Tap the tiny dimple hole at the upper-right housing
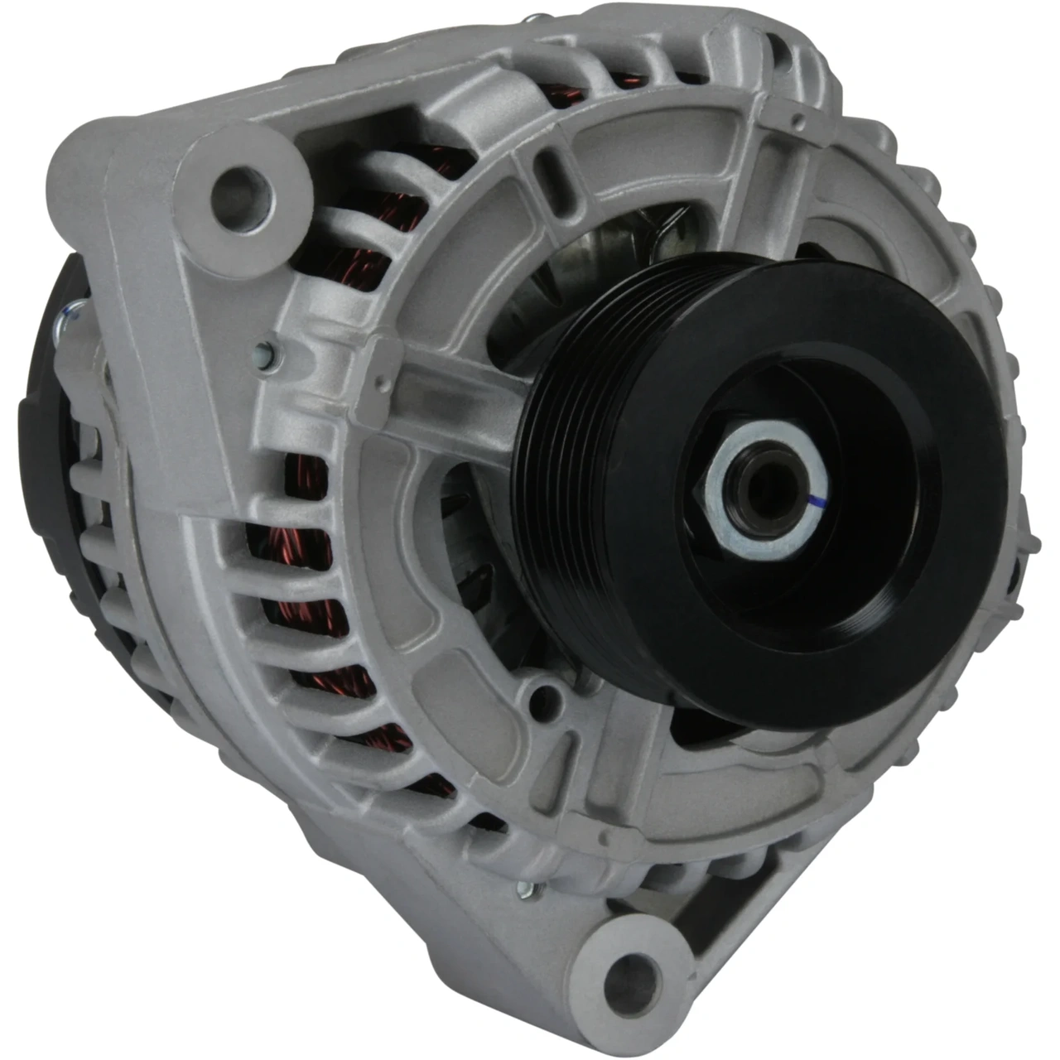(x=798, y=125)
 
